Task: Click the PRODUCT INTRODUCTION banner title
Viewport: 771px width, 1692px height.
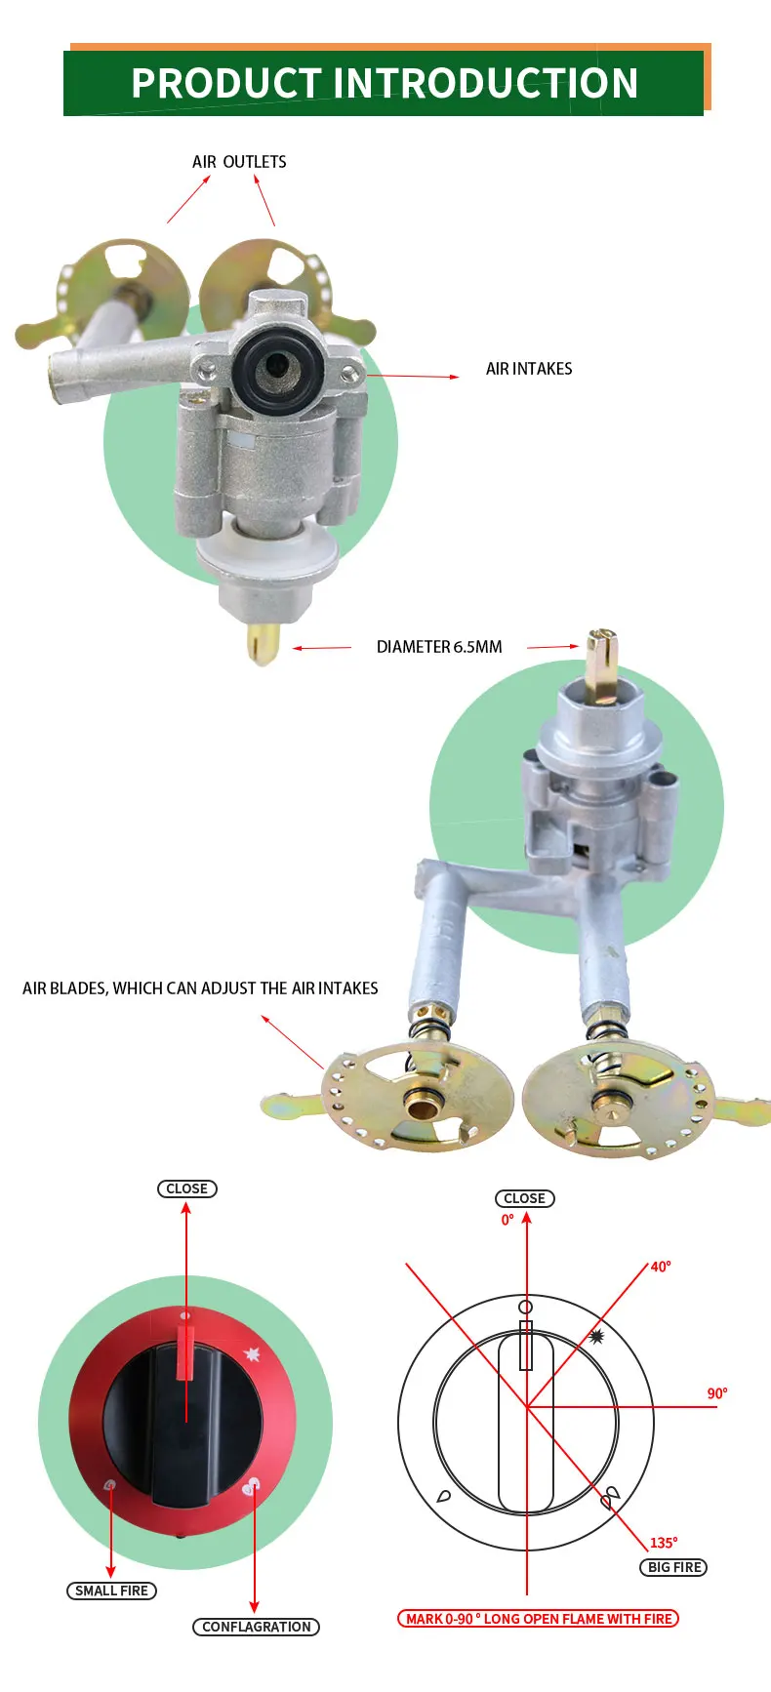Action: [385, 83]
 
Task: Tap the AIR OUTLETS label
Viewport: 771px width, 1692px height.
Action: [239, 162]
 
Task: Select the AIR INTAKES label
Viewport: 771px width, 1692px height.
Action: [529, 369]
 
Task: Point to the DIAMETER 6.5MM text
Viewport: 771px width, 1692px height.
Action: [439, 647]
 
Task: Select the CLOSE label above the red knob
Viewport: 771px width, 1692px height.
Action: [186, 1188]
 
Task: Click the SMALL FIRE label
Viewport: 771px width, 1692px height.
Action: [112, 1591]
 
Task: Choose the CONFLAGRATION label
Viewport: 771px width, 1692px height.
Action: [256, 1627]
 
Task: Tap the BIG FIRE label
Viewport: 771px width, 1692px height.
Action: [674, 1567]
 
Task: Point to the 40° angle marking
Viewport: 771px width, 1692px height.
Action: [661, 1267]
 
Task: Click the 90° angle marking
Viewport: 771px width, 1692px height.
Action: [717, 1393]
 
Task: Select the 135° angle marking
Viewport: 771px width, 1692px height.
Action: [664, 1543]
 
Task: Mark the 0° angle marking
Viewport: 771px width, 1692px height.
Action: [507, 1220]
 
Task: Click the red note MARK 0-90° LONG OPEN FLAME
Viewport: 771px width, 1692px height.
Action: [538, 1619]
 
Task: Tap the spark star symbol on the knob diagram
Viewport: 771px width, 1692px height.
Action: [596, 1337]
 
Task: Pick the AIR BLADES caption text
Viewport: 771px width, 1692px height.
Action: [200, 988]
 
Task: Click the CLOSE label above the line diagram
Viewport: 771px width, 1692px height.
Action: [524, 1198]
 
